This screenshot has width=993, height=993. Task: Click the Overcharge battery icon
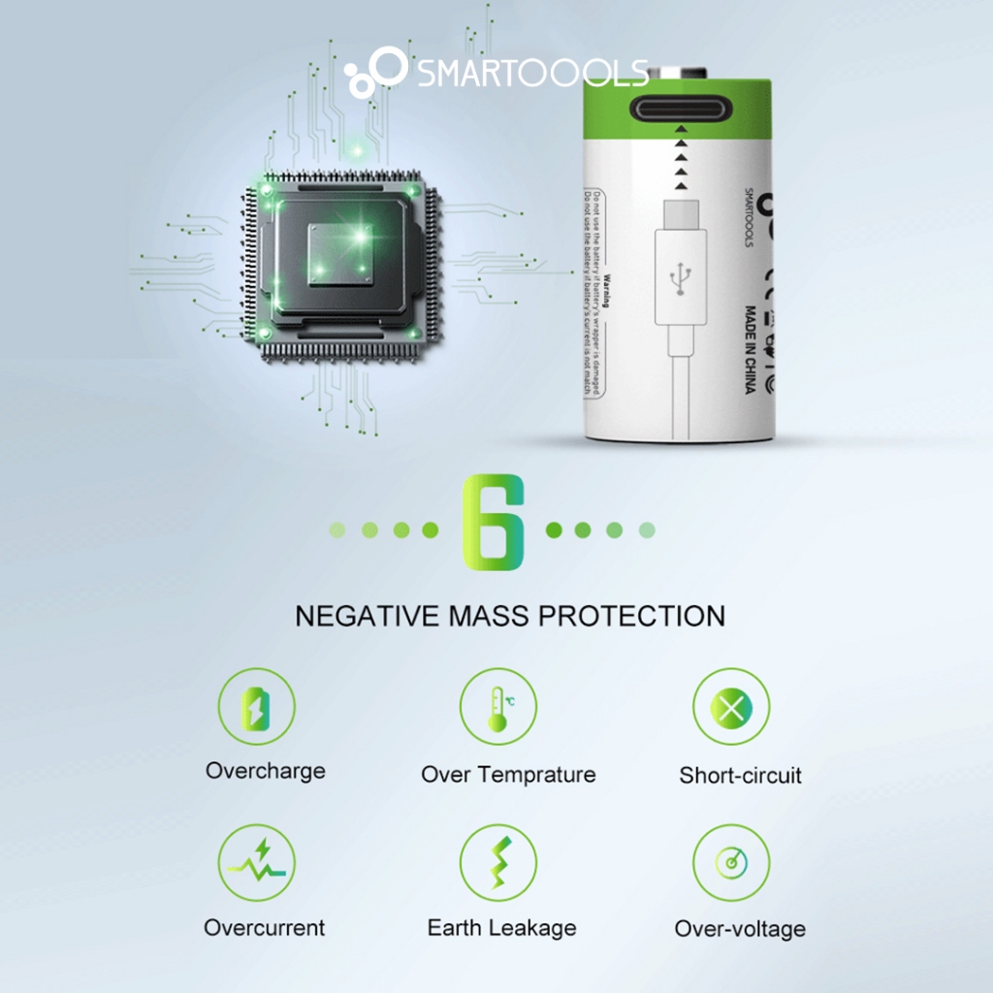[x=256, y=707]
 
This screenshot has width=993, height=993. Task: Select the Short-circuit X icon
[x=730, y=707]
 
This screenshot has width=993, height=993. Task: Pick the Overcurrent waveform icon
[x=256, y=862]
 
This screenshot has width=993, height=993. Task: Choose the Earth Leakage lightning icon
[x=497, y=862]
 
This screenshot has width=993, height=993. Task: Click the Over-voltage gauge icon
[x=730, y=862]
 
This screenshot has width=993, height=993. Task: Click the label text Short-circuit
[x=740, y=775]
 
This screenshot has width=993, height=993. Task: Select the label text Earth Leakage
[x=501, y=928]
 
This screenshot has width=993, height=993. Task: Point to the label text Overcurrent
[x=264, y=928]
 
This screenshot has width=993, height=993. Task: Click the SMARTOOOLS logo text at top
[x=532, y=74]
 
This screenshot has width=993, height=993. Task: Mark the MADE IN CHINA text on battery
[x=750, y=350]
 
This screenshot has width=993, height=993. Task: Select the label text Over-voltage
[x=740, y=929]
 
